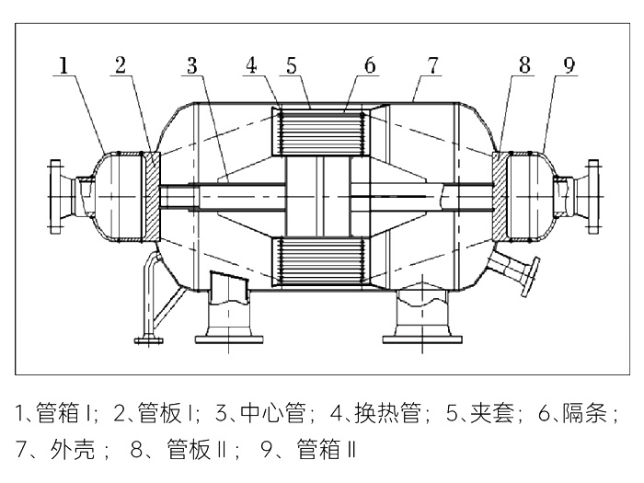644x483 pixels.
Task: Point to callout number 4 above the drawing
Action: pos(251,65)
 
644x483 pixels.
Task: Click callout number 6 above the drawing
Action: pos(369,65)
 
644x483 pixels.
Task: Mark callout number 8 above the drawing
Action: pos(523,65)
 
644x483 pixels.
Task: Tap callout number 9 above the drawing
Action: pos(570,65)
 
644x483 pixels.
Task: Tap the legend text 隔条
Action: pos(587,414)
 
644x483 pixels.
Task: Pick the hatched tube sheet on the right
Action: pos(498,195)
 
